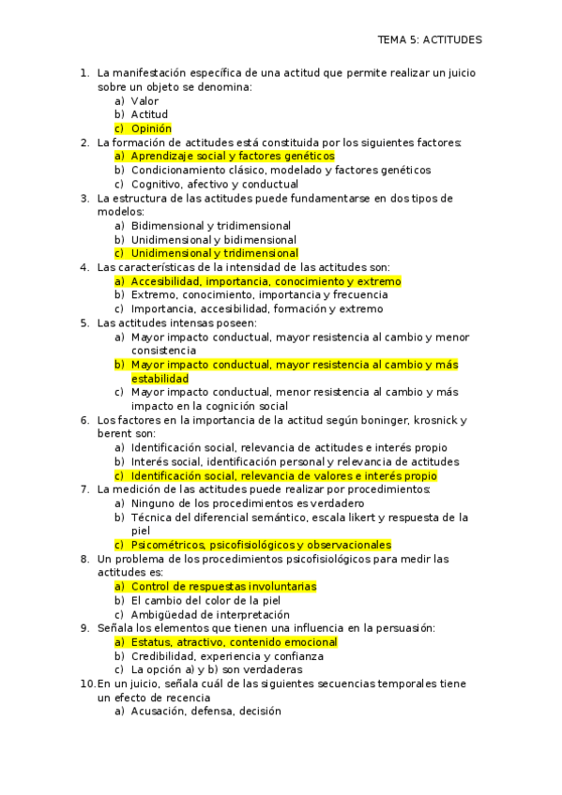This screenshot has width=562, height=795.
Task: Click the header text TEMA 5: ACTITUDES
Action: point(429,40)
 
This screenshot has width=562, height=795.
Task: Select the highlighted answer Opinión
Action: point(151,128)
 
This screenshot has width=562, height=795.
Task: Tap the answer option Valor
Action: point(144,100)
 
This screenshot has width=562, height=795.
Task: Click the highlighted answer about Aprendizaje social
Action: point(232,157)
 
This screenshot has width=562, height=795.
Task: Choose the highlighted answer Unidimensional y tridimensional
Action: point(215,253)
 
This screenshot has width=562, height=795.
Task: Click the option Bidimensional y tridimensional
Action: point(210,226)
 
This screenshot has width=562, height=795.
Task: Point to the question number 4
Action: point(84,267)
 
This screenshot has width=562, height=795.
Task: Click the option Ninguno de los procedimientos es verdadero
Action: point(238,503)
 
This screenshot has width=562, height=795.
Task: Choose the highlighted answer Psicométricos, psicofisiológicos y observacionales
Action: point(261,545)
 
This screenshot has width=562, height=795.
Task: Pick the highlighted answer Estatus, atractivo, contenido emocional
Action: point(234,642)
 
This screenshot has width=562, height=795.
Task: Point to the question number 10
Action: point(86,684)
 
